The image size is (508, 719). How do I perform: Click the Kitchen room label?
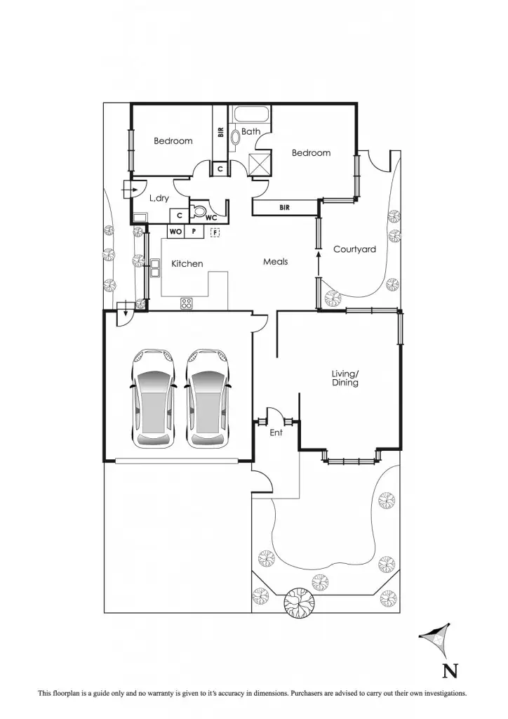[187, 264]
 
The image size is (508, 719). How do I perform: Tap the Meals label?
[275, 262]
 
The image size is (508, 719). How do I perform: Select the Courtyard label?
[354, 249]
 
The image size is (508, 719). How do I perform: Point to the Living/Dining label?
[345, 378]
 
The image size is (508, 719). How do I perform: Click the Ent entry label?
[276, 433]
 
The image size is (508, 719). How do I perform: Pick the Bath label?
[250, 131]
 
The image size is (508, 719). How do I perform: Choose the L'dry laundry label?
[159, 199]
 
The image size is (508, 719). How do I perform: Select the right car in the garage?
[208, 397]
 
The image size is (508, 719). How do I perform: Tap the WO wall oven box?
[175, 232]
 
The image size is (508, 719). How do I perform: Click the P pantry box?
[194, 232]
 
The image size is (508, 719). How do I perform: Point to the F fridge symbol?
[215, 232]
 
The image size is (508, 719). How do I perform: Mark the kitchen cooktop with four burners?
[187, 303]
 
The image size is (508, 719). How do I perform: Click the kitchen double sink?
[154, 265]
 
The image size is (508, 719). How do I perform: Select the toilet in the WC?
[199, 211]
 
